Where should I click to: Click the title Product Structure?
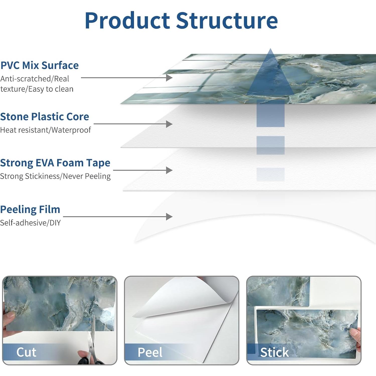tap(181, 21)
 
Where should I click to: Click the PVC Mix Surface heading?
tap(39, 65)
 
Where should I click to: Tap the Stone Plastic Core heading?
tap(45, 117)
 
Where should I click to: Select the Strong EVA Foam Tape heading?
tap(55, 163)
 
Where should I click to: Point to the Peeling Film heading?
tap(30, 209)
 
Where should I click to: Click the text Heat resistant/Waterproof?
tap(45, 130)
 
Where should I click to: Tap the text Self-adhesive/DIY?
tap(30, 223)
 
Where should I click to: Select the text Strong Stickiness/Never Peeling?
tap(55, 176)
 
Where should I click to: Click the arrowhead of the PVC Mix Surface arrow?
tap(170, 78)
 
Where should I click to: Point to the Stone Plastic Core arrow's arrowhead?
tap(170, 124)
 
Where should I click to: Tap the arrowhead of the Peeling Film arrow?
tap(170, 217)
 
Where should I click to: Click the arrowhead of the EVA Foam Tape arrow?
tap(170, 170)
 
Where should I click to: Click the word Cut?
tap(26, 352)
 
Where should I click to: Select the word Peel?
tap(150, 352)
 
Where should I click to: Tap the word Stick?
tap(274, 352)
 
